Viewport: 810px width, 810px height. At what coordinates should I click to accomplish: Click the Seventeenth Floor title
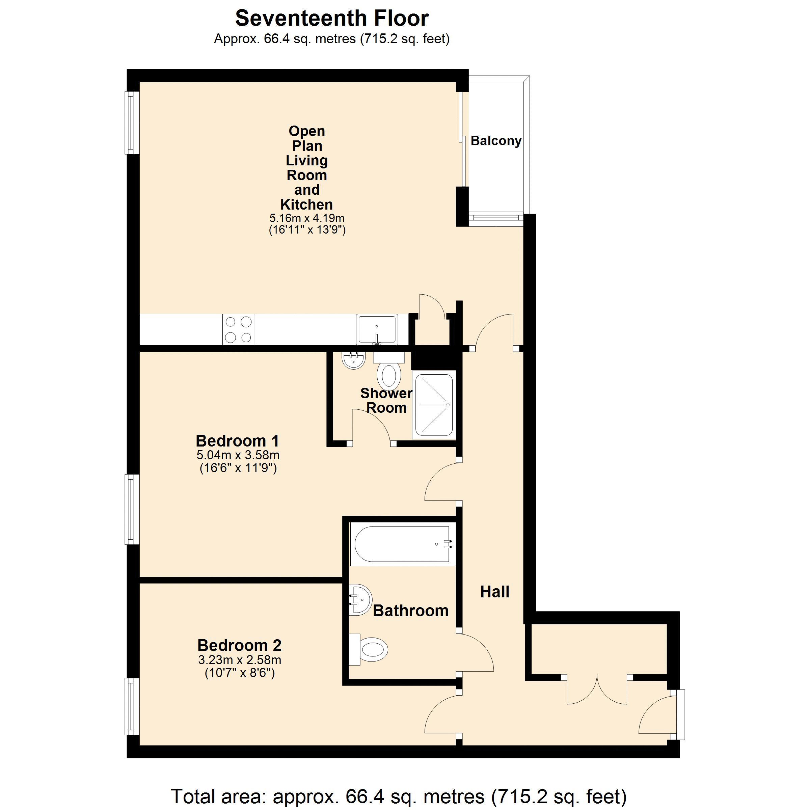pos(332,19)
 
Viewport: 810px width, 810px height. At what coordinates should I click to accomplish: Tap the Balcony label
pos(496,141)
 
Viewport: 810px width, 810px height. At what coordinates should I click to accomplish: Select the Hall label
pos(495,592)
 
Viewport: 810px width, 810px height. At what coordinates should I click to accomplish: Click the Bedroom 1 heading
pos(237,441)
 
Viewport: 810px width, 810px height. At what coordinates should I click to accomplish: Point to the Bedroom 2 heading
pos(239,645)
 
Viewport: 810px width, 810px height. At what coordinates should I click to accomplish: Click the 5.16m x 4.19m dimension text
pos(307,218)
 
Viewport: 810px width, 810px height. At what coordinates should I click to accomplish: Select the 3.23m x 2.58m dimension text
pos(239,660)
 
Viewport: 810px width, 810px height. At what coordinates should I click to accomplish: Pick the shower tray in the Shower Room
pos(434,405)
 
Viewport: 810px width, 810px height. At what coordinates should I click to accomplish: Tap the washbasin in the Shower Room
pos(353,360)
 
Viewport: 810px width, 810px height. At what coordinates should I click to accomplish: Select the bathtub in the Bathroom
pos(403,544)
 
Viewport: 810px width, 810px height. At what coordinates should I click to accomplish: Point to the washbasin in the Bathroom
pos(360,599)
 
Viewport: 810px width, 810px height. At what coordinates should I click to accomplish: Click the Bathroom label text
pos(411,611)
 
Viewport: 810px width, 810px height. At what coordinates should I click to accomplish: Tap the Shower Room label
pos(386,400)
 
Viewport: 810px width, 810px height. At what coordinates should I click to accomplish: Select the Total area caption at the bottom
pos(399,796)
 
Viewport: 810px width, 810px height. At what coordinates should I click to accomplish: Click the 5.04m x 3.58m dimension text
pos(238,455)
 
